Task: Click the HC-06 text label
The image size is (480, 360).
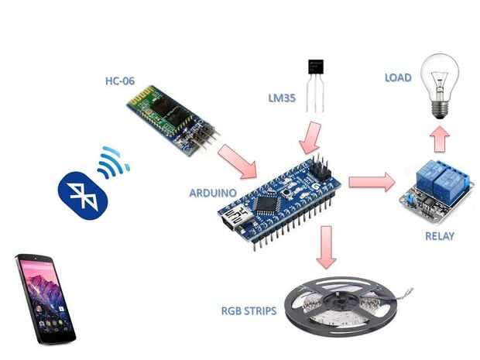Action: [x=120, y=81]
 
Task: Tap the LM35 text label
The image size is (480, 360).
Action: [x=282, y=98]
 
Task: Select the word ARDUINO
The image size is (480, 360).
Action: [x=213, y=193]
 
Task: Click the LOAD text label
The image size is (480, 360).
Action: [x=398, y=77]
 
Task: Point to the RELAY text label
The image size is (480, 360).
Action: [x=440, y=236]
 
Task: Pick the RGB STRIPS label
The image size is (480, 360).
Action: [x=249, y=311]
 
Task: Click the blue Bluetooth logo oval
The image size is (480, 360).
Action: [x=83, y=196]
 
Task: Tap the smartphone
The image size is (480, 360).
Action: [x=45, y=299]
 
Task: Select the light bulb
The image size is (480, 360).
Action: [x=440, y=87]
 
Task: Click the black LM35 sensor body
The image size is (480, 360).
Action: [x=316, y=67]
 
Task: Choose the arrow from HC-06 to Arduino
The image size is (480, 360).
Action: [x=238, y=161]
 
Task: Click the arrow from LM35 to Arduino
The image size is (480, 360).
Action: [x=310, y=138]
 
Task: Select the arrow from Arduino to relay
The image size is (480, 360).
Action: [x=372, y=182]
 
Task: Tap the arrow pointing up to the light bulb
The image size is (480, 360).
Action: [x=440, y=139]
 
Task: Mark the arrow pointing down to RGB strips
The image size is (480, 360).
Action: [x=327, y=247]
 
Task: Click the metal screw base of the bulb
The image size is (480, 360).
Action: [x=440, y=110]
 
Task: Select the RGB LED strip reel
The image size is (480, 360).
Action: [x=341, y=307]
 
